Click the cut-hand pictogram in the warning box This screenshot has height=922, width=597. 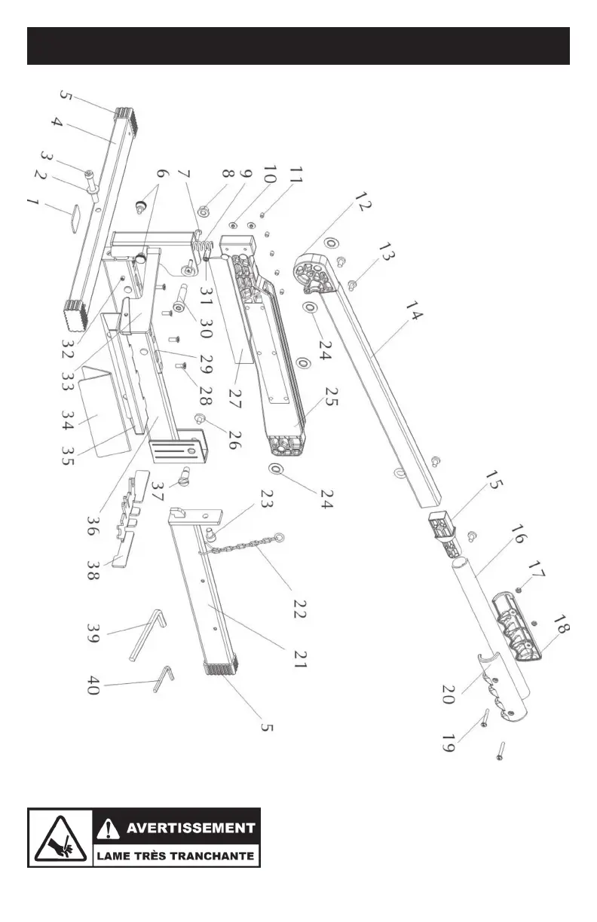(x=60, y=837)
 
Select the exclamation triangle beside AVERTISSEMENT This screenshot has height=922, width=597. (x=109, y=828)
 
